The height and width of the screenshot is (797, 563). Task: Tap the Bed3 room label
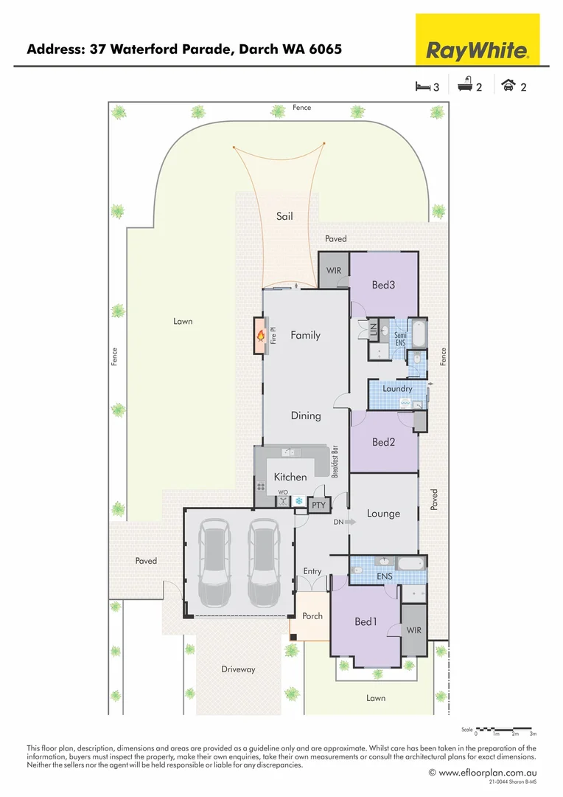(384, 285)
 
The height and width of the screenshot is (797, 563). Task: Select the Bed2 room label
(384, 442)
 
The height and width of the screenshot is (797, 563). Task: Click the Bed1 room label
(366, 622)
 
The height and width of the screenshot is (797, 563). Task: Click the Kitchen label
(290, 477)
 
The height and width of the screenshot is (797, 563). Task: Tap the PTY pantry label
(318, 506)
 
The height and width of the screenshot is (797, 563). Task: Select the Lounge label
(383, 514)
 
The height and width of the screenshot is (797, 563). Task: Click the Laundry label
(397, 388)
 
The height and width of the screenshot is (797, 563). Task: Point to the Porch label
(312, 615)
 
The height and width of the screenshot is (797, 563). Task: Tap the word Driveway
(238, 669)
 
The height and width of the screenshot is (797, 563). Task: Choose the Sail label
(284, 216)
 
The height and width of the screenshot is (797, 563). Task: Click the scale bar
(506, 728)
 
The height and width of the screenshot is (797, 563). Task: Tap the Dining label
(305, 415)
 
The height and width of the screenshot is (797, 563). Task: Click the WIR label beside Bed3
(334, 270)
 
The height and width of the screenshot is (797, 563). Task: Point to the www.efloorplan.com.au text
(486, 773)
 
